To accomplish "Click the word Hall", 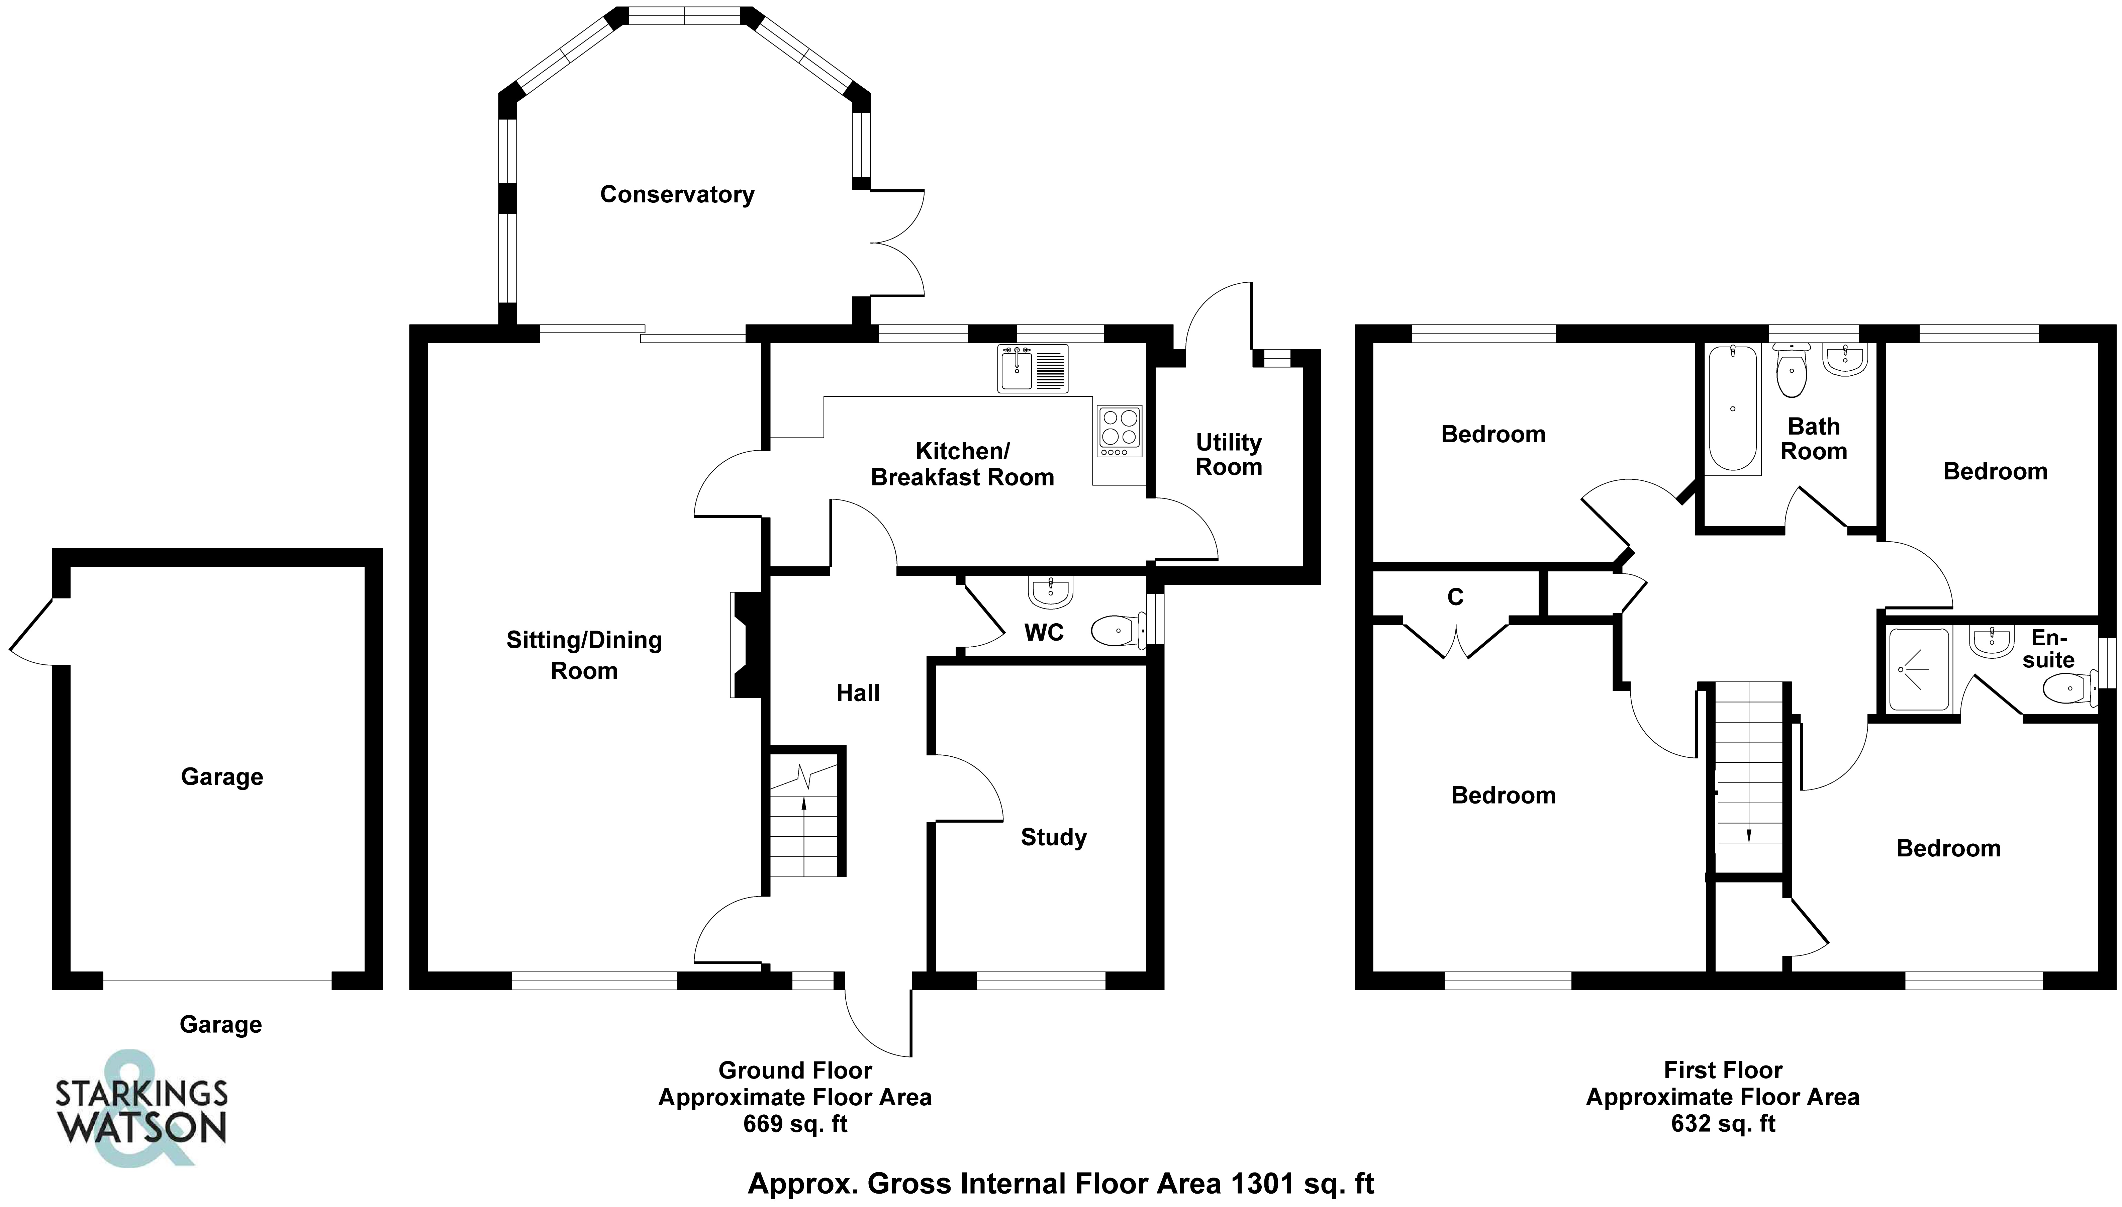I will (858, 693).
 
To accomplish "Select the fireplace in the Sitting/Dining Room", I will (746, 644).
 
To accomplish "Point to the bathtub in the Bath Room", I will (1732, 409).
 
